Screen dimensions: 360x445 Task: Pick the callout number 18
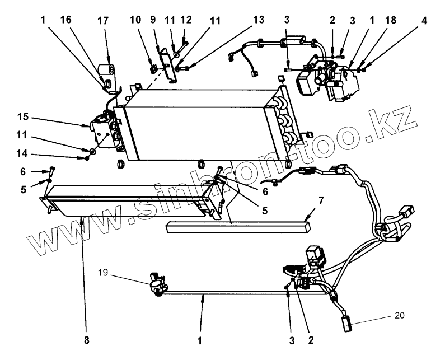(391, 20)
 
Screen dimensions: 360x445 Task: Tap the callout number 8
(87, 340)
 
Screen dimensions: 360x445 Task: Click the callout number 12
(187, 20)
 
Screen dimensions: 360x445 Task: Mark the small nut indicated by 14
(87, 158)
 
